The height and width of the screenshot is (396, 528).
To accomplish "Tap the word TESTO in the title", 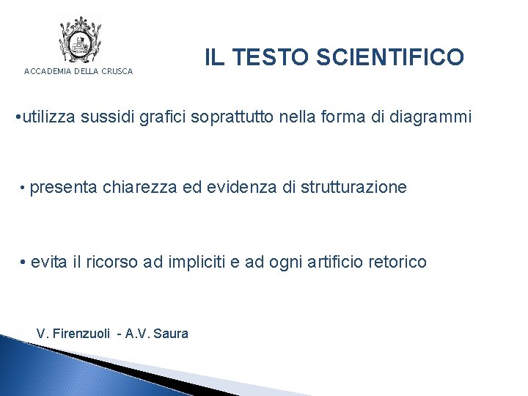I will [274, 57].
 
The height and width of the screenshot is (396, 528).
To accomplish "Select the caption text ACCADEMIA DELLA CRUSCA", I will [78, 71].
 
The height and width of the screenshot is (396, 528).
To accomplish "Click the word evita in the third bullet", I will [51, 262].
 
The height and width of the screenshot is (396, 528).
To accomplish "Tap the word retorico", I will [397, 262].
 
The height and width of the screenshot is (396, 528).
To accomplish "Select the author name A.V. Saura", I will [157, 334].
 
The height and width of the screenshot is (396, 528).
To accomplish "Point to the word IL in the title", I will [214, 57].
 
